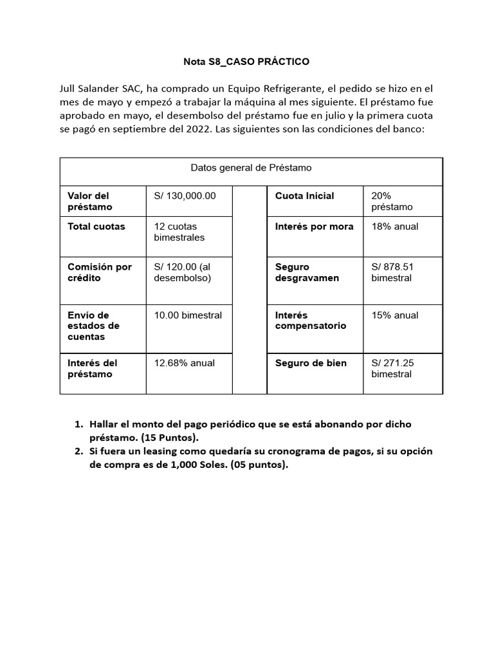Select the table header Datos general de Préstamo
pyautogui.click(x=251, y=168)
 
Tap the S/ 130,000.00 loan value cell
pyautogui.click(x=185, y=196)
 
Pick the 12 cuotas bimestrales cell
pyautogui.click(x=179, y=232)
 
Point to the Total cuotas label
pyautogui.click(x=96, y=227)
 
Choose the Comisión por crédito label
pyautogui.click(x=100, y=272)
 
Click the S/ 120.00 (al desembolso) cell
pyautogui.click(x=183, y=272)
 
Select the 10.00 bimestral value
pyautogui.click(x=188, y=315)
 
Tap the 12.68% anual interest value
pyautogui.click(x=185, y=363)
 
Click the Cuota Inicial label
pyautogui.click(x=304, y=196)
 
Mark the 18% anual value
pyautogui.click(x=395, y=227)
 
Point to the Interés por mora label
pyautogui.click(x=314, y=227)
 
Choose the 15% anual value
pyautogui.click(x=395, y=315)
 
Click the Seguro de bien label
pyautogui.click(x=311, y=363)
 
